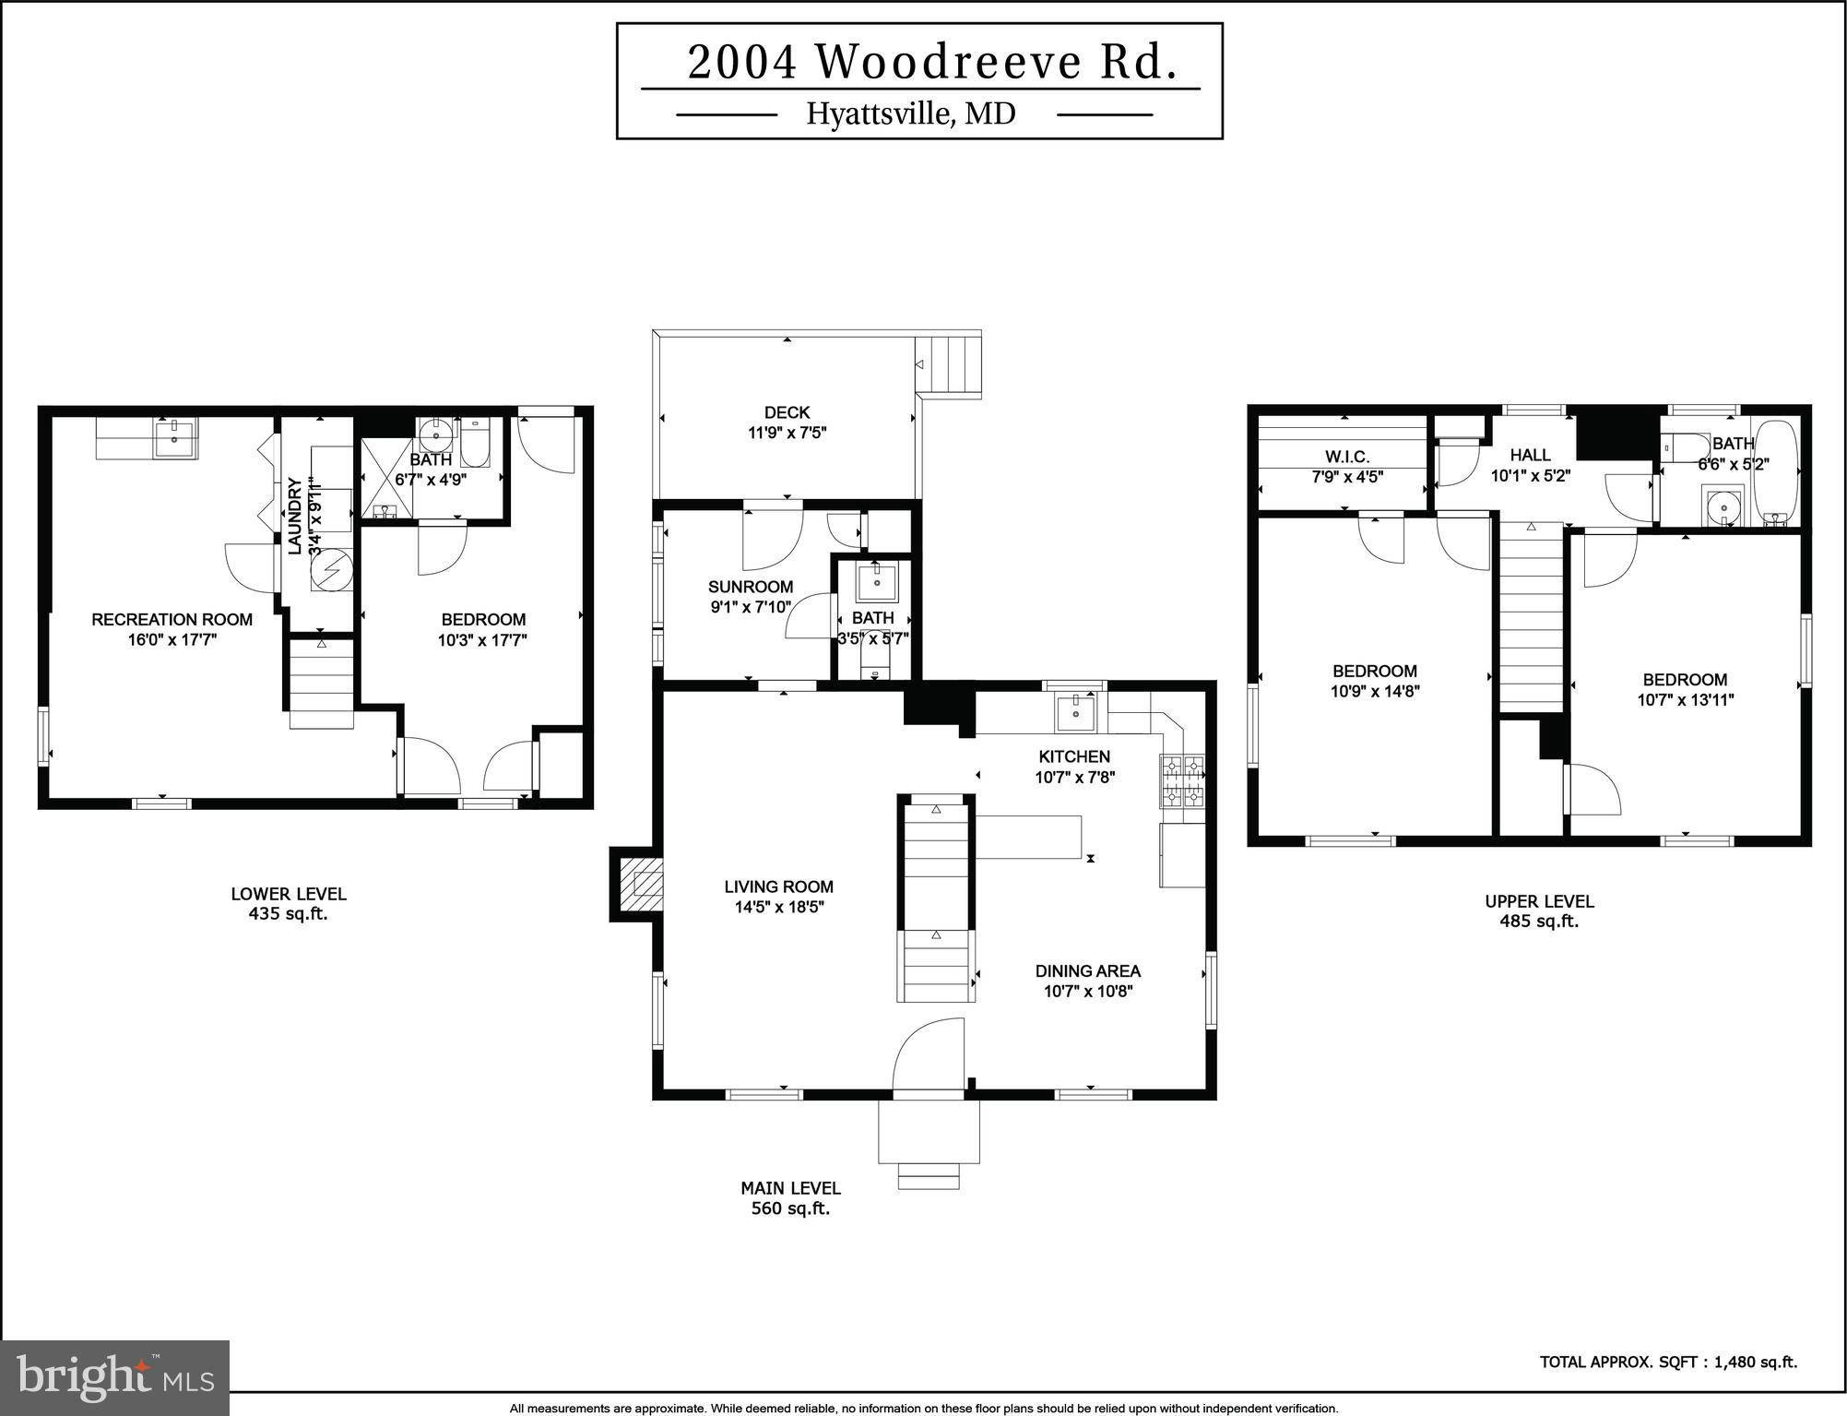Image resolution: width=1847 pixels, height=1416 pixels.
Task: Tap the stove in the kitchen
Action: coord(1181,780)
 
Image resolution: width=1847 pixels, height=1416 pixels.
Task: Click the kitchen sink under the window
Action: coord(1075,712)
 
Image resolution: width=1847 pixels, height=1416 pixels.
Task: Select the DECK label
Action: coord(787,412)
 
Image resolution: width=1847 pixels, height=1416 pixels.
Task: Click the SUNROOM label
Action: coord(750,587)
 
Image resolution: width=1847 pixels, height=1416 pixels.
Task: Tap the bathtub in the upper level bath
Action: coord(1775,472)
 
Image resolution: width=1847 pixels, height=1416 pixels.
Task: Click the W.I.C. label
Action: coord(1347,457)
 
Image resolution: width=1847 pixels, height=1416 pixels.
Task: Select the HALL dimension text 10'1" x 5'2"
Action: coord(1530,476)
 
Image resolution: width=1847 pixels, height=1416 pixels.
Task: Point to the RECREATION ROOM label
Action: coord(172,620)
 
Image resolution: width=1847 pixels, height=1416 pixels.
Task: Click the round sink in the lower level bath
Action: coord(434,432)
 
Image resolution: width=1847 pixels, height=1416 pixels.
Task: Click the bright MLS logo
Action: coord(114,1378)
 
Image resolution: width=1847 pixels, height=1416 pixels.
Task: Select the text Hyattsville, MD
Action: coord(910,113)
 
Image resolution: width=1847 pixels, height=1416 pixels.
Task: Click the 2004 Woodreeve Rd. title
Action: coord(931,63)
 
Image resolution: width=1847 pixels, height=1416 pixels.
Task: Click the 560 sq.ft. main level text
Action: coord(790,1208)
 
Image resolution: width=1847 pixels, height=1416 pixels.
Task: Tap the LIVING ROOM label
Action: coord(778,886)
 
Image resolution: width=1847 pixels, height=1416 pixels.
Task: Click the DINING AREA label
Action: coord(1087,970)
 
